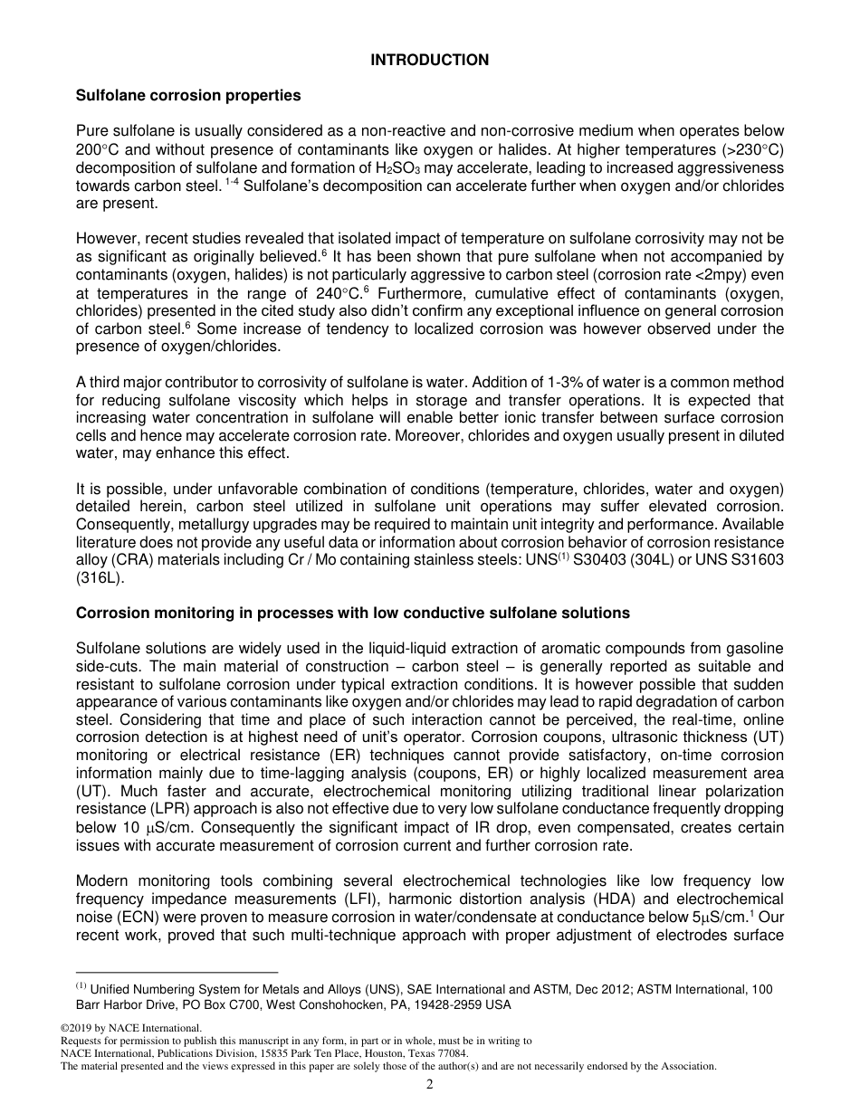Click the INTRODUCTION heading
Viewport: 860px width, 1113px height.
tap(429, 60)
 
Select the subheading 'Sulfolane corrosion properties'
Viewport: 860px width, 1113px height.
tap(188, 95)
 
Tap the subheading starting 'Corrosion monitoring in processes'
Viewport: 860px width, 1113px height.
tap(352, 613)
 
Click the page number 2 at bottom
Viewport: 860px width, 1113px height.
tap(429, 1085)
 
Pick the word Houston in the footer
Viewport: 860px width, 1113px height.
tap(381, 1054)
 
